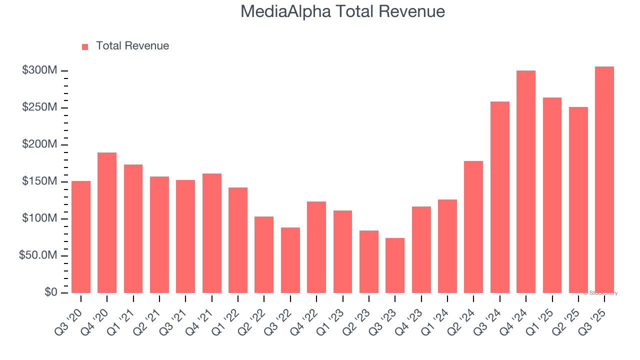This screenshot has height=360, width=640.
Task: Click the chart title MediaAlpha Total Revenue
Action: click(342, 11)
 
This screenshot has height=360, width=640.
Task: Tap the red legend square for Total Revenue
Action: click(85, 46)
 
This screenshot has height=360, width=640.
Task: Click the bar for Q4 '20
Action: click(107, 222)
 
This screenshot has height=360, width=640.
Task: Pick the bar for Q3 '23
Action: click(395, 265)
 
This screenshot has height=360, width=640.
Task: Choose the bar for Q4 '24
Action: click(526, 181)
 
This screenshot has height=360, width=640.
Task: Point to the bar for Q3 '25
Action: click(604, 179)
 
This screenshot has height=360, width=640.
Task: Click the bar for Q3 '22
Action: click(290, 260)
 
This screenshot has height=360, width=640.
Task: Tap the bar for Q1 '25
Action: click(552, 195)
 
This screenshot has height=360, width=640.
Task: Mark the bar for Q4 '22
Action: click(316, 247)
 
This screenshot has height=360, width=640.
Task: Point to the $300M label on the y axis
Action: click(39, 70)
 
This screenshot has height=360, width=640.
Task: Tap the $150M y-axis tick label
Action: click(39, 181)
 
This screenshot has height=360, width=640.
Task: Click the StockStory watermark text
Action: click(600, 293)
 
